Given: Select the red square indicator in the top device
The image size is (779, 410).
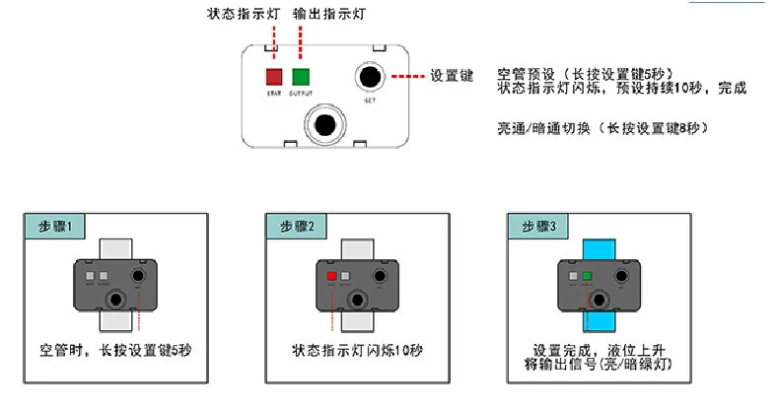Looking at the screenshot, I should coord(274,76).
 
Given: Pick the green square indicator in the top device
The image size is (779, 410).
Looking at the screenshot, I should coord(301,76).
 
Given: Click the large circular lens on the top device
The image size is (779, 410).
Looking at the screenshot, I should coord(322,124).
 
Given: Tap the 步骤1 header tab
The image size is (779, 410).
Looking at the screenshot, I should coord(53,226).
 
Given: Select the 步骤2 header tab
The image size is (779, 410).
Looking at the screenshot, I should coord(297,226).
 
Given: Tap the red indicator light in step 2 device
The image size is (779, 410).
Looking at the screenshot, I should coord(331,277).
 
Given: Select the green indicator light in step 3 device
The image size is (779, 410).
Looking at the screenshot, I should coord(586,277).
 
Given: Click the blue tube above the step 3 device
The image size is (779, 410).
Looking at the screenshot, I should coord(599,246).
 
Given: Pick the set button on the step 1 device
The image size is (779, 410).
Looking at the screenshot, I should coord(140,277).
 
